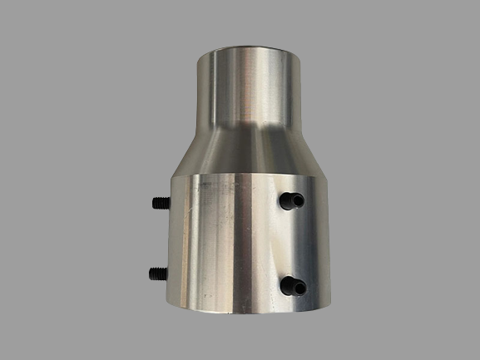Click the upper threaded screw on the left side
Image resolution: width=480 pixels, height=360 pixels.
click(x=160, y=202)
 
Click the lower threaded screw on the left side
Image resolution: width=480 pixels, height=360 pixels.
click(x=158, y=273)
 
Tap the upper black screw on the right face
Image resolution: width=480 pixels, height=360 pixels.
click(x=289, y=200)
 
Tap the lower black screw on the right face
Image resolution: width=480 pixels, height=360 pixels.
click(x=291, y=286)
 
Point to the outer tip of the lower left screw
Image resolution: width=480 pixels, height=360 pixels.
click(x=151, y=273)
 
